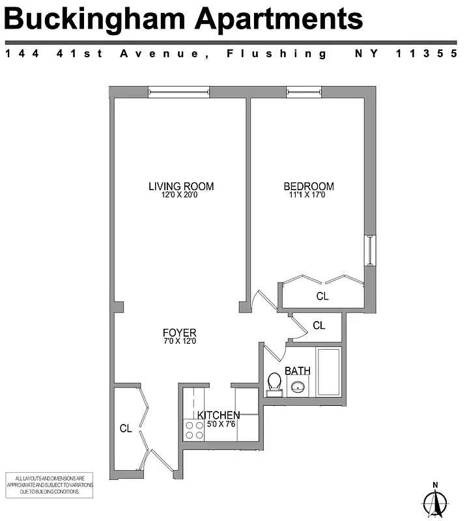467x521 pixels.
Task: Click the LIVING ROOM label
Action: [181, 186]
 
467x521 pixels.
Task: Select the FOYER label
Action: [180, 332]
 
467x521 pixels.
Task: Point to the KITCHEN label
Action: [219, 415]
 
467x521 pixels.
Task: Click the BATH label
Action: [298, 371]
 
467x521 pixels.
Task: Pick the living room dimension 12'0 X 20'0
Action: [181, 195]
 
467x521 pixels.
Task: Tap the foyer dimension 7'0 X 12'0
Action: [180, 341]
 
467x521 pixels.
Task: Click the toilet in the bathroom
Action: [274, 384]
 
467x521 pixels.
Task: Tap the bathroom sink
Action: [298, 388]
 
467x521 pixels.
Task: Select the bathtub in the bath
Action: [328, 372]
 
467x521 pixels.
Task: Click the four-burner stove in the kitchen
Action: [194, 430]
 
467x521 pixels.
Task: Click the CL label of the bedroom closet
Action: [322, 296]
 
